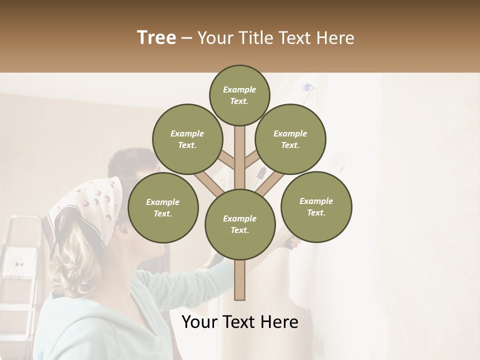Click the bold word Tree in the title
coord(156,38)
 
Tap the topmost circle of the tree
coord(239,95)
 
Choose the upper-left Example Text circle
coord(187,139)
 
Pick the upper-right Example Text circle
coord(290,139)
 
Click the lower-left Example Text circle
coord(163,208)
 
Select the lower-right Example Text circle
coord(316,207)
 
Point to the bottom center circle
coord(240,224)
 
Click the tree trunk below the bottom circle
coord(240,280)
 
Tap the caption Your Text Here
coord(239,322)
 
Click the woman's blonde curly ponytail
coord(75,260)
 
